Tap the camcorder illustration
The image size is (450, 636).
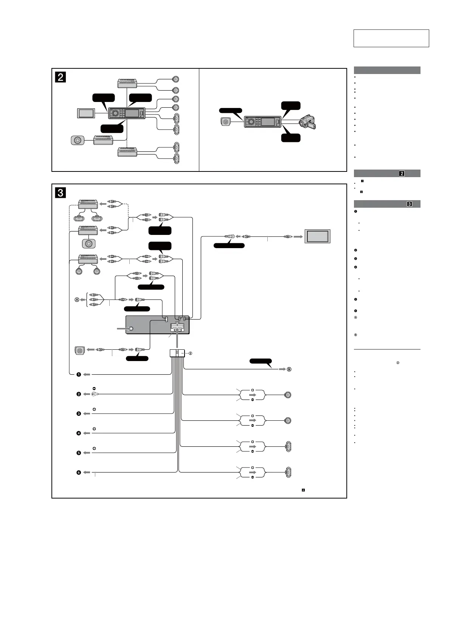pyautogui.click(x=307, y=122)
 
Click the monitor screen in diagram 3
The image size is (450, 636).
pyautogui.click(x=317, y=237)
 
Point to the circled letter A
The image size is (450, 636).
pyautogui.click(x=77, y=299)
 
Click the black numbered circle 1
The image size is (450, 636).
pyautogui.click(x=79, y=375)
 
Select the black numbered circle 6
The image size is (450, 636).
pyautogui.click(x=79, y=472)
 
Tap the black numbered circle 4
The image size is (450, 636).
pyautogui.click(x=79, y=433)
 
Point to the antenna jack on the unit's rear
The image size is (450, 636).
pyautogui.click(x=131, y=329)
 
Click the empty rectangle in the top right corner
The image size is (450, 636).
pyautogui.click(x=391, y=38)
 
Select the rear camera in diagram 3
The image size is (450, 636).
pyautogui.click(x=80, y=350)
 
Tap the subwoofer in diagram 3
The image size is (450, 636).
pyautogui.click(x=88, y=244)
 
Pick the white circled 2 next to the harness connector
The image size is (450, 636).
pyautogui.click(x=191, y=354)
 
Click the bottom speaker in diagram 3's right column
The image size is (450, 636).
pyautogui.click(x=288, y=472)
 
